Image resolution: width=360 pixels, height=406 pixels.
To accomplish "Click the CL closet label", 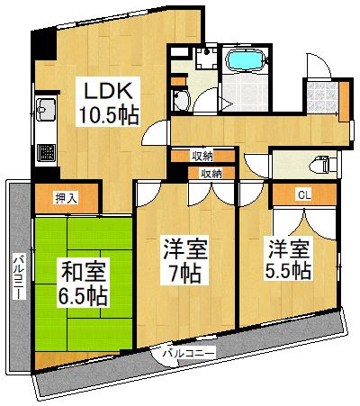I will pyautogui.click(x=303, y=194).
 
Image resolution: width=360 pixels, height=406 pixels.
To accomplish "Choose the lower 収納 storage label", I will pyautogui.click(x=211, y=172).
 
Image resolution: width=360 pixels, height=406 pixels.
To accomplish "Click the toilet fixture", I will pyautogui.click(x=317, y=164).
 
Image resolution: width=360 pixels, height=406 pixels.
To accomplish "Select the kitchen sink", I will pyautogui.click(x=46, y=113).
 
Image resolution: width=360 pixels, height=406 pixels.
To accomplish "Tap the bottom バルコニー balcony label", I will pyautogui.click(x=188, y=353).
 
